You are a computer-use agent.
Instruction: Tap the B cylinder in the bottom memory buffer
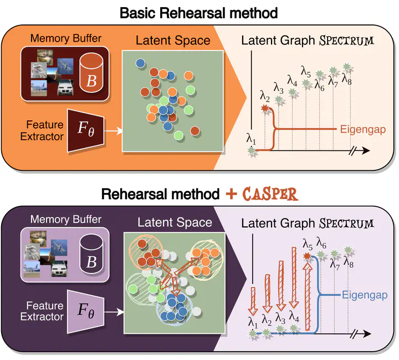(x=92, y=252)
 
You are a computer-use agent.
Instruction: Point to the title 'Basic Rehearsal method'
(x=199, y=12)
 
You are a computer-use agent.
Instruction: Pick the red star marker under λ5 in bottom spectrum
(x=308, y=256)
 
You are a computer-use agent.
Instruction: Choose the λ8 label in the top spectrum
(x=347, y=78)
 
